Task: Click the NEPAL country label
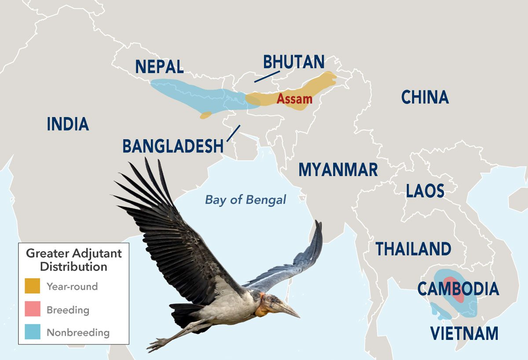[x=159, y=66]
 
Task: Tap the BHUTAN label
[x=294, y=62]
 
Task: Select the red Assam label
[x=294, y=99]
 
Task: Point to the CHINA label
[x=425, y=97]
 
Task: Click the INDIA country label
[x=68, y=124]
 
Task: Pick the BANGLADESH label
[x=173, y=146]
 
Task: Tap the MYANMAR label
[x=338, y=169]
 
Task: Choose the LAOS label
[x=425, y=191]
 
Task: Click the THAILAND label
[x=413, y=249]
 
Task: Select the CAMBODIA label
[x=458, y=289]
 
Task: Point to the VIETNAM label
[x=464, y=333]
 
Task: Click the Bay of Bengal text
[x=246, y=200]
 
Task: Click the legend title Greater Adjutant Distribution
[x=73, y=260]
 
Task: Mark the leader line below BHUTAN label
[x=263, y=77]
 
